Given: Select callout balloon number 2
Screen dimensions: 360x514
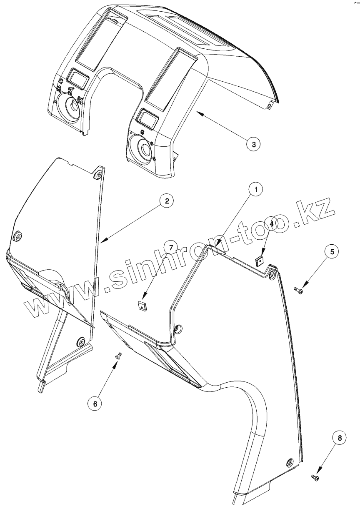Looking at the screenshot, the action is pos(166,201).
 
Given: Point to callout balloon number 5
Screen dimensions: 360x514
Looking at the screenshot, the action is pos(332,252).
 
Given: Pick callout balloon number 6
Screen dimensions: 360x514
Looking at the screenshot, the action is pos(95,404).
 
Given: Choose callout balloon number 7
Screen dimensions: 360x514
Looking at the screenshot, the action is pos(170,247).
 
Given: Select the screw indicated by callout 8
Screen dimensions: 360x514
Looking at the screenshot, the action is pos(315,478).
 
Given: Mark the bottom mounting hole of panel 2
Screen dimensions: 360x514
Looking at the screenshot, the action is pos(79,343).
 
